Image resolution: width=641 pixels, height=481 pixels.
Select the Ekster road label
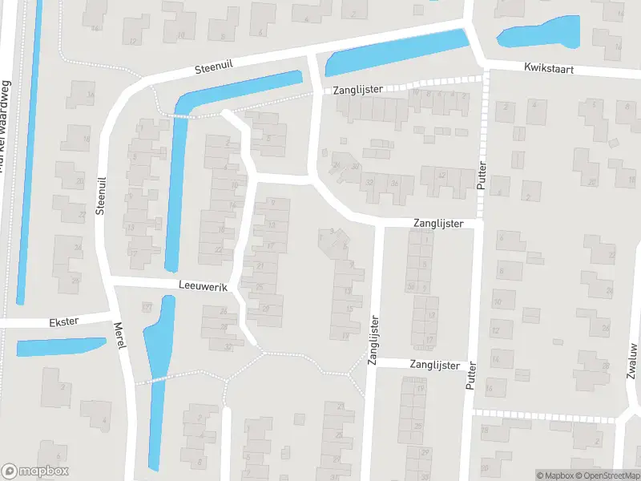[x=63, y=321]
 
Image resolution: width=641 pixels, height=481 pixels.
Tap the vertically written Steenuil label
[x=101, y=196]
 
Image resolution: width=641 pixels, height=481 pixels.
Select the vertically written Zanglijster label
[x=373, y=341]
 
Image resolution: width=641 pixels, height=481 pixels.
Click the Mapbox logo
[x=34, y=471]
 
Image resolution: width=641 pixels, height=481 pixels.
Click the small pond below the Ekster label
[x=61, y=346]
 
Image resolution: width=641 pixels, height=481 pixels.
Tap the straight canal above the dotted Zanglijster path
[x=396, y=52]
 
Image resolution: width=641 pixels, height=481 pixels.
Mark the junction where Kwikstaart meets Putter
[x=484, y=66]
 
